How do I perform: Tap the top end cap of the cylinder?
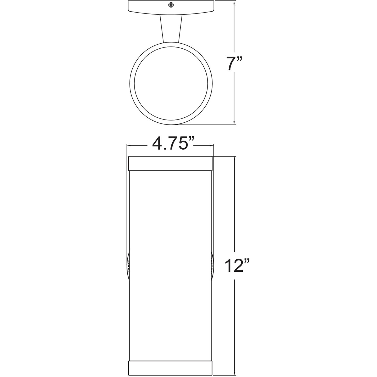(x=170, y=163)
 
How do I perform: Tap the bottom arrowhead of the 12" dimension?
(x=234, y=373)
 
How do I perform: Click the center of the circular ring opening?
(x=171, y=83)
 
